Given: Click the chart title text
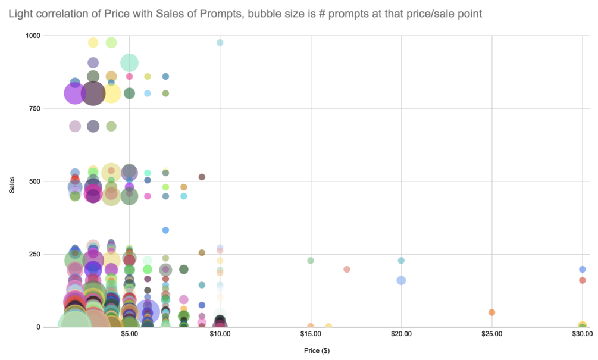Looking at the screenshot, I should pos(249,13).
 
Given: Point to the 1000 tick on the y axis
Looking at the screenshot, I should pos(33,36).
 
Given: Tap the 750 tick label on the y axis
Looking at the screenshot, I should pos(35,108).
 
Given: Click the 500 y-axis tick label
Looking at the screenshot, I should pos(35,181).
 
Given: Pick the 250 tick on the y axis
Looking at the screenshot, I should pos(35,254).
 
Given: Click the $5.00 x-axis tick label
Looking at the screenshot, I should pos(129,335).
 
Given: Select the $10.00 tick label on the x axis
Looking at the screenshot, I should pos(220,335).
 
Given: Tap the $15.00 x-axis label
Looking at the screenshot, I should pos(311,335).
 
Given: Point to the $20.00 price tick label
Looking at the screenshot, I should pos(401,335).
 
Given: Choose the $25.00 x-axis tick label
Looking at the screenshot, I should pos(491,335).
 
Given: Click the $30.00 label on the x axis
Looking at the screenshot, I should pos(581,335).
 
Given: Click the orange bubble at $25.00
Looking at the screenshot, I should pos(491,312).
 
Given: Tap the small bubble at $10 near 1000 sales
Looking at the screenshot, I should pos(220,43).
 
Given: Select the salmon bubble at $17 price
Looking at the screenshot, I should pos(347,269).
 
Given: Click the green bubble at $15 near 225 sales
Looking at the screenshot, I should pos(310,261).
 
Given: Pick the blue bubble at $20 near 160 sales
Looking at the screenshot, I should pos(401,280).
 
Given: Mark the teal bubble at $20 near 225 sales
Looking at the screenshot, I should pos(401,261).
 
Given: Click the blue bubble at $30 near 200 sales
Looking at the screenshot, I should pos(582,269).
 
